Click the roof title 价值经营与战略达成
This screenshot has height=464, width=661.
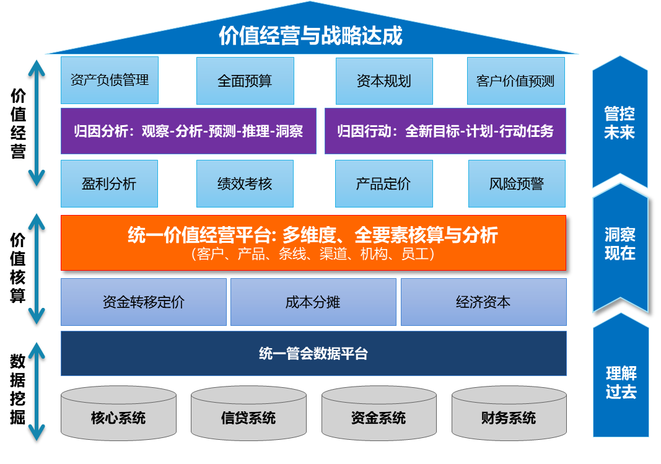pos(311,36)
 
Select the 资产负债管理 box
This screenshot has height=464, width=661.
pos(110,81)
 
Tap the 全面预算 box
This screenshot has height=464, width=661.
pos(245,81)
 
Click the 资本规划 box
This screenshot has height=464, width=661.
pos(384,81)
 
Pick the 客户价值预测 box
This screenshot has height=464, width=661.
pos(515,81)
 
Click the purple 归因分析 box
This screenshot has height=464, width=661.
pos(188,131)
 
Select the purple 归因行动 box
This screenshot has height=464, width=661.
pos(445,131)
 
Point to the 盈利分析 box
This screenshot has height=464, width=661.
pos(109,184)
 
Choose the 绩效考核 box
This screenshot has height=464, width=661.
pos(245,184)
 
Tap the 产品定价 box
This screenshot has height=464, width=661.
pos(383,184)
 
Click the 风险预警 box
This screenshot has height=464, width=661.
pos(517,184)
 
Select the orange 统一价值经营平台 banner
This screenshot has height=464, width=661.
pos(313,243)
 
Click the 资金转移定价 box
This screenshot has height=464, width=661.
pos(144,302)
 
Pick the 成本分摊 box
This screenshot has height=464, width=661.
pos(313,302)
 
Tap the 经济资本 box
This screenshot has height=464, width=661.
pos(483,302)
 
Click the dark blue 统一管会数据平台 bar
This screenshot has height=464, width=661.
pos(313,354)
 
